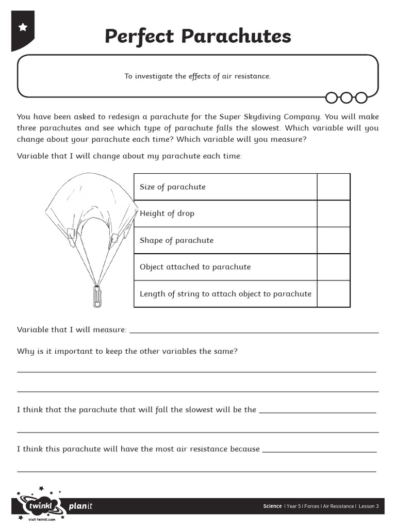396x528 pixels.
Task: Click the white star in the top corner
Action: pos(23,27)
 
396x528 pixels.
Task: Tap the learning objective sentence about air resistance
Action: pos(197,76)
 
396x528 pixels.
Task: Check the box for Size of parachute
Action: pos(333,187)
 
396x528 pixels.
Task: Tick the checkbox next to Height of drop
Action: pos(333,213)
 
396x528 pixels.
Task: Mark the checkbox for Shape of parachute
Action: pos(333,240)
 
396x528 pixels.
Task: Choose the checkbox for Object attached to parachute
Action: pos(333,267)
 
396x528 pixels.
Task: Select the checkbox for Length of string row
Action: pos(333,294)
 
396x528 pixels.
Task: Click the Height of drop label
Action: pos(167,213)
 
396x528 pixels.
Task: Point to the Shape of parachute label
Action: pos(176,240)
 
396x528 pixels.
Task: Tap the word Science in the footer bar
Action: pos(272,506)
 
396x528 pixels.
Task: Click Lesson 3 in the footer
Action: pos(369,506)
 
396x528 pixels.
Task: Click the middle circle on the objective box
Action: pos(346,97)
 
